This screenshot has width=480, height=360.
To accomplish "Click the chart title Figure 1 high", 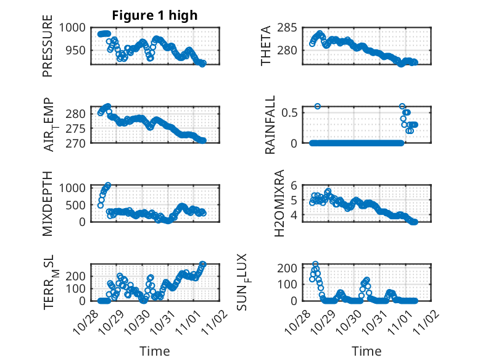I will [155, 15].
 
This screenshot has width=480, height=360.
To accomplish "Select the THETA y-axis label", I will [266, 46].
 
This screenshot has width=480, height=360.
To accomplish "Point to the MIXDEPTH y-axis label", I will [48, 203].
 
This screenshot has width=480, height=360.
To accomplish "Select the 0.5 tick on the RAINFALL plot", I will [292, 112].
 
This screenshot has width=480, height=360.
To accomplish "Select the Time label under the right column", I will [366, 351].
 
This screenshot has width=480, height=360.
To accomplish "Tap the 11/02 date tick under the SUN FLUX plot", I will [429, 319].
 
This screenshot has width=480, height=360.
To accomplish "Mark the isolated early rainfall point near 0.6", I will [318, 106].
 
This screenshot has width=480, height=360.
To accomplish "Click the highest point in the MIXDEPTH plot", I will [108, 185].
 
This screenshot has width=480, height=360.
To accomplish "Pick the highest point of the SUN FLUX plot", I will [315, 264].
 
